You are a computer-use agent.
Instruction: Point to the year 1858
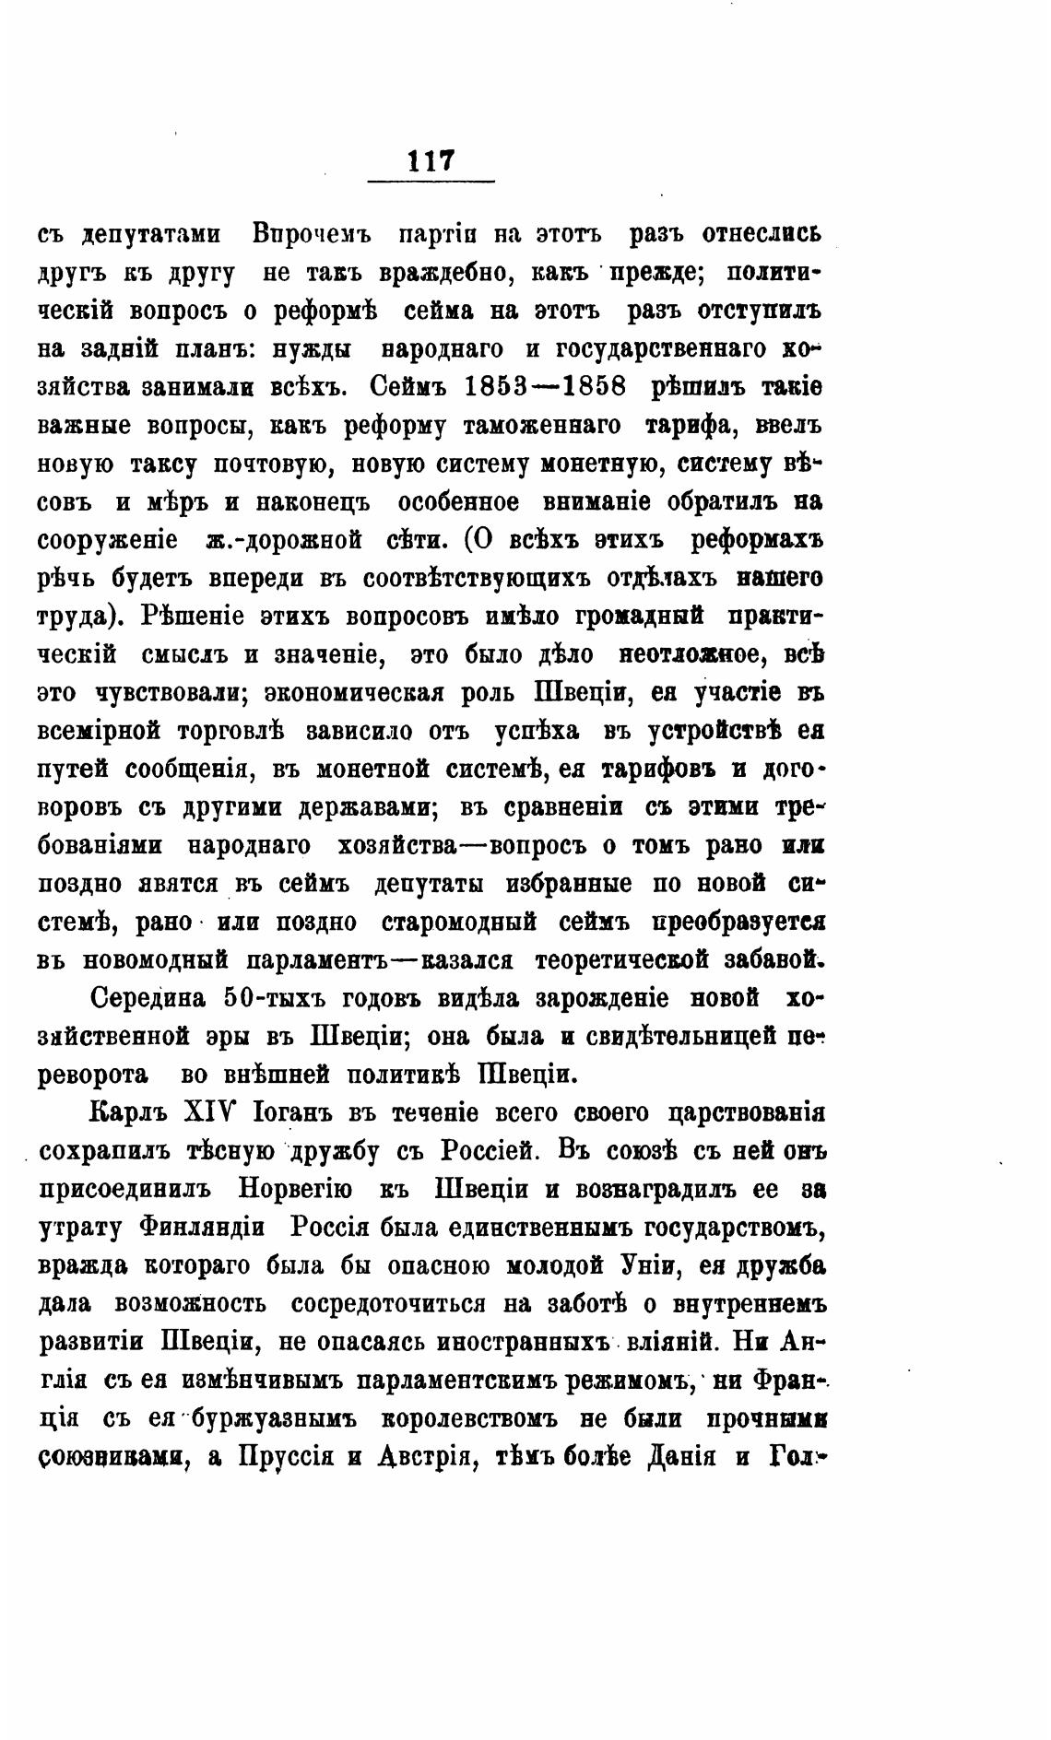coord(590,387)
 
